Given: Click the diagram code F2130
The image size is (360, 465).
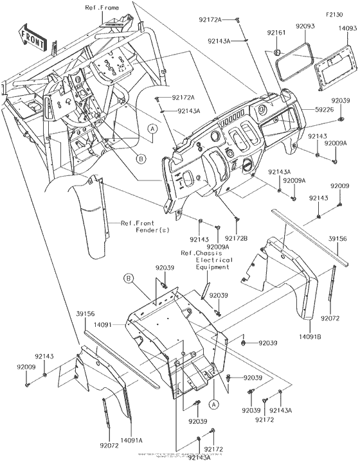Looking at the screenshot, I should pyautogui.click(x=336, y=13).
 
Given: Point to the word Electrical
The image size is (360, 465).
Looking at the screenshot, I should pyautogui.click(x=204, y=261).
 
